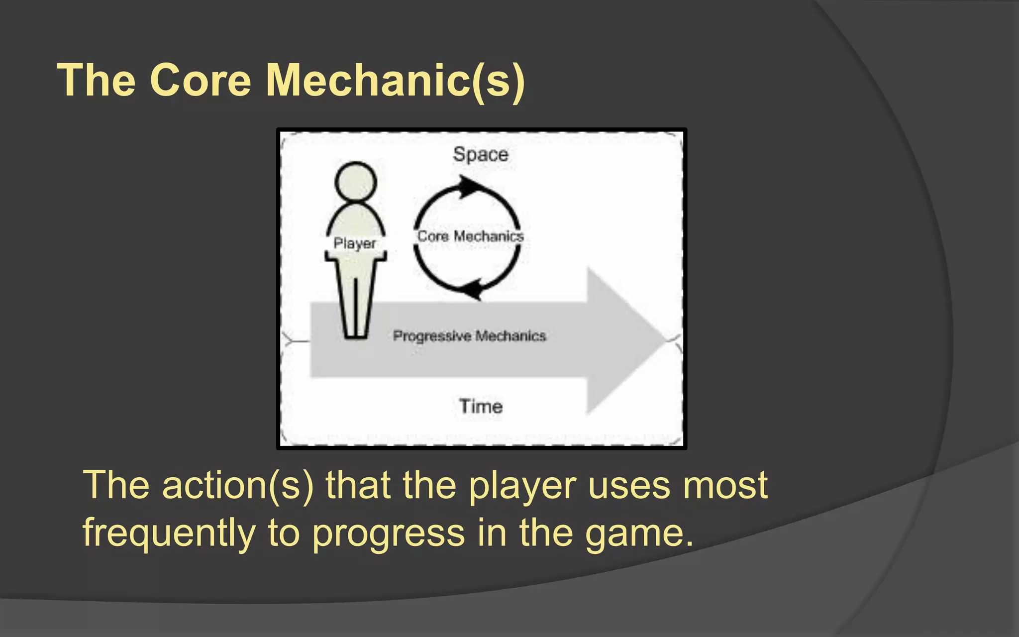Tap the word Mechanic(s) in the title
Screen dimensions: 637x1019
(395, 81)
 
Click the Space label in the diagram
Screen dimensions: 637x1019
(480, 155)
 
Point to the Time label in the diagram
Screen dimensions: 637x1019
(480, 407)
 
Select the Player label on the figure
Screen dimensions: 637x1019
(355, 243)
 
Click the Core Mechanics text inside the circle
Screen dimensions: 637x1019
(470, 236)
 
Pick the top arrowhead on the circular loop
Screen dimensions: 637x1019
(470, 187)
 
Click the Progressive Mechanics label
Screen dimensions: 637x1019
(469, 336)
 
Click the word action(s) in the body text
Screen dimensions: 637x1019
(238, 486)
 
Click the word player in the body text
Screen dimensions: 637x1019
(522, 486)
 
